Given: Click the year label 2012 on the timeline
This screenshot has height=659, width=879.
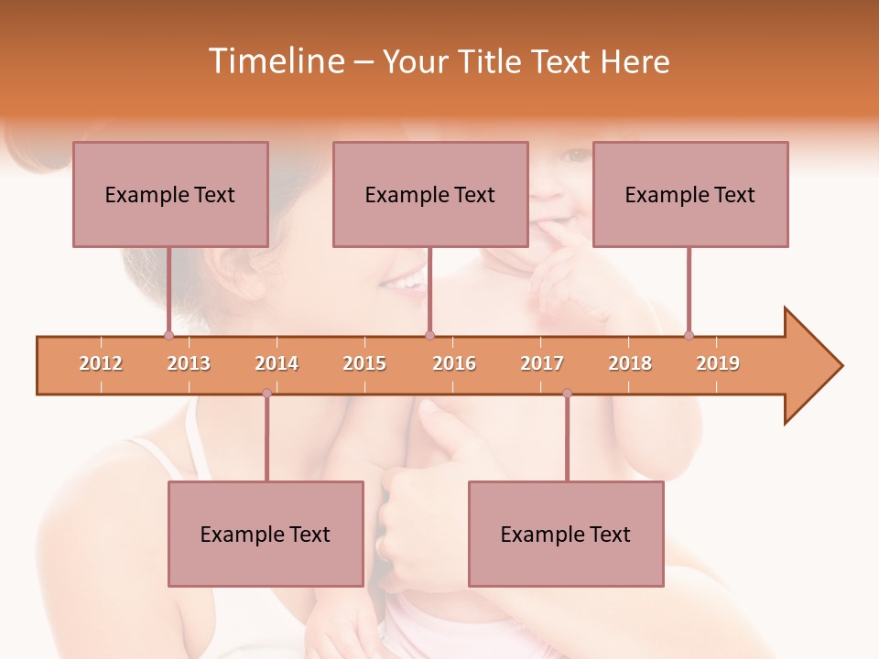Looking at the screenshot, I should click(101, 363).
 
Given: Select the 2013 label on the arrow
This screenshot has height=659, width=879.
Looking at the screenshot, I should click(189, 363).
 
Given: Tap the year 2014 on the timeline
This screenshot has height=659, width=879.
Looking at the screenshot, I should click(277, 363).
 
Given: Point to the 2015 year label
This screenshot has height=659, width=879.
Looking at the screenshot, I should click(364, 363).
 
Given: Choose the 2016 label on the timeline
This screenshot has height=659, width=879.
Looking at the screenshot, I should click(454, 363).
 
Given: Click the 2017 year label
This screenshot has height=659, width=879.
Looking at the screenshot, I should click(542, 363).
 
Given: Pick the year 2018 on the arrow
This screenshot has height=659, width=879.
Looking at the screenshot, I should click(630, 363).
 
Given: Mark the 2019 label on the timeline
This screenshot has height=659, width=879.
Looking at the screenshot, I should click(718, 363).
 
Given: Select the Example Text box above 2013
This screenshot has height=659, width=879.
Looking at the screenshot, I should click(170, 194).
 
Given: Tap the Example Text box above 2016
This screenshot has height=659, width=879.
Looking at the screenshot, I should click(430, 194).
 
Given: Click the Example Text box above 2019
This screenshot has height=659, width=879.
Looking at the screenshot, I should click(690, 194).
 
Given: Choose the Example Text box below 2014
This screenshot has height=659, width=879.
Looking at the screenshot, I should click(266, 535).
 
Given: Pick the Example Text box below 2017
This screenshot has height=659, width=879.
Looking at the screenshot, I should click(566, 535).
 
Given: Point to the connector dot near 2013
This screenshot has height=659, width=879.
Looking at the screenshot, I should click(168, 335).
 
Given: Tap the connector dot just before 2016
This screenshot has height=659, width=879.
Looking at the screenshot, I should click(429, 335).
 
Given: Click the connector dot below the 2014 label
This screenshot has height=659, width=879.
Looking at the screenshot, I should click(266, 394).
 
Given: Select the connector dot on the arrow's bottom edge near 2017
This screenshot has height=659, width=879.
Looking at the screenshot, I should click(567, 394).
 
